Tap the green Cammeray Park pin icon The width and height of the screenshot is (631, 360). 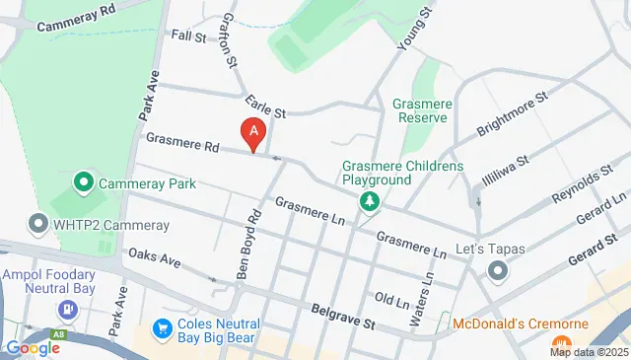click(84, 183)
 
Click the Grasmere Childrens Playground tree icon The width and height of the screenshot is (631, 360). click(371, 202)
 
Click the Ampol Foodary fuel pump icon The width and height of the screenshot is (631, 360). click(66, 309)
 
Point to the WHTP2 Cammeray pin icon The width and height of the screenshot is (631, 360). click(38, 225)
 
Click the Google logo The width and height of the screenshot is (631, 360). click(32, 348)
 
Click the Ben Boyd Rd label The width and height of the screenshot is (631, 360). click(247, 244)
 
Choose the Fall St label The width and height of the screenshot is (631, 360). click(187, 36)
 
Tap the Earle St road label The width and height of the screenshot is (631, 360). click(265, 106)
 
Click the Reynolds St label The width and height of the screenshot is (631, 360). click(575, 184)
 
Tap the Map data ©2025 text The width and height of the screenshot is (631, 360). click(588, 352)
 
